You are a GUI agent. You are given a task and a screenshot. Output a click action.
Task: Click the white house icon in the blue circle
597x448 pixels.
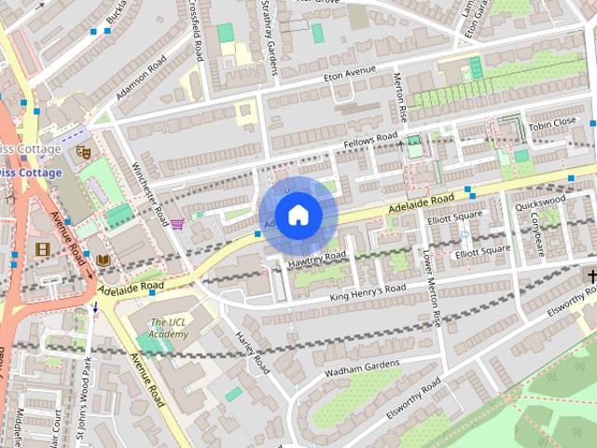click(298, 215)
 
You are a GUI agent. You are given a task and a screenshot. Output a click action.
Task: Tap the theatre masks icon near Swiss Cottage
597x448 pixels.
click(82, 148)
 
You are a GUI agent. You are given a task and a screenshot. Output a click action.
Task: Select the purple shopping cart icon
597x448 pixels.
click(176, 223)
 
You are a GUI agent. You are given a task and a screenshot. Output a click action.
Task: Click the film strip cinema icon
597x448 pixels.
click(42, 248)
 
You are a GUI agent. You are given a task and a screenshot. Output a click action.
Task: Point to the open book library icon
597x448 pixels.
click(104, 259)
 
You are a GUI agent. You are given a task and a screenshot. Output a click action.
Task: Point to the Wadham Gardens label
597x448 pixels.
click(361, 368)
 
